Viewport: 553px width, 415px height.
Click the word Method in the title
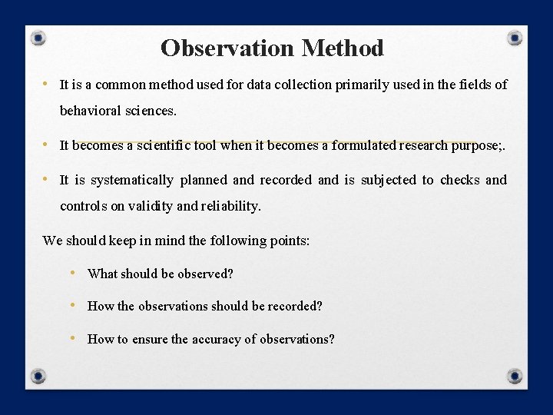343,48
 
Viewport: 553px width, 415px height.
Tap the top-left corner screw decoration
39,38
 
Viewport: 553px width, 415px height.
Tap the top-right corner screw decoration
515,38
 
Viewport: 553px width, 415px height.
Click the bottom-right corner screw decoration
515,376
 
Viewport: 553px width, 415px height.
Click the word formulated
365,144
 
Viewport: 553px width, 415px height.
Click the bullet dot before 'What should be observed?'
72,273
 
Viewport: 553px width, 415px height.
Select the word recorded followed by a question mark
294,306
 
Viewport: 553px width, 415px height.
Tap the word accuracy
216,339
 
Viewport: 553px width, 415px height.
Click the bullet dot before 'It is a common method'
48,84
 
